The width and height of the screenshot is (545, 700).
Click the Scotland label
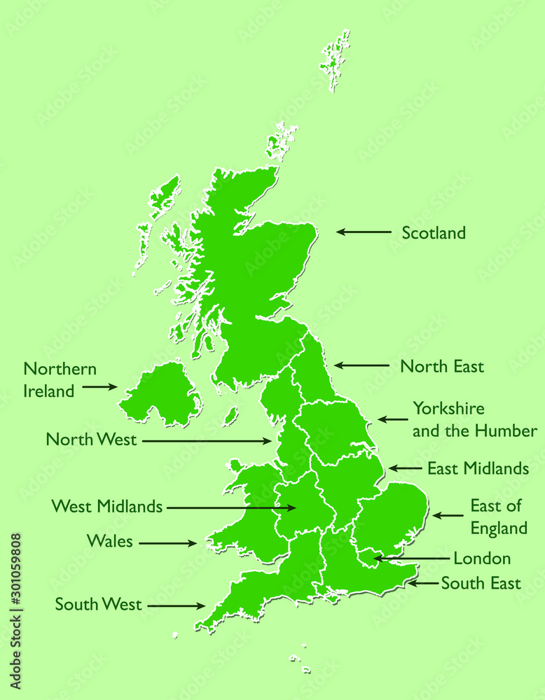tap(433, 233)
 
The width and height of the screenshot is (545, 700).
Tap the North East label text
tap(441, 366)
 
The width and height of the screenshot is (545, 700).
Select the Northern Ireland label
tap(60, 380)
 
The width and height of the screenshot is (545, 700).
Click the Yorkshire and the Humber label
tap(474, 419)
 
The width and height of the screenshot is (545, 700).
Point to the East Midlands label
tap(478, 469)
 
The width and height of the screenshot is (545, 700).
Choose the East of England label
tap(498, 517)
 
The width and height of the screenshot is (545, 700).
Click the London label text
tap(482, 559)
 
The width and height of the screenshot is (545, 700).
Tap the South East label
tap(481, 583)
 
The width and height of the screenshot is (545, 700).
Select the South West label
tap(98, 604)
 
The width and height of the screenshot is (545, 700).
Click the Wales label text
tap(109, 541)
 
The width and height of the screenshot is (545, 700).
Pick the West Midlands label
tap(107, 506)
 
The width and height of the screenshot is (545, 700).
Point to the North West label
tap(91, 440)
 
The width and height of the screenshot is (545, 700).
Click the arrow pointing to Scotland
tap(363, 232)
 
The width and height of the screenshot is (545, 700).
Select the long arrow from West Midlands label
tap(231, 507)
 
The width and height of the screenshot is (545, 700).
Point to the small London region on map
tap(367, 556)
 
